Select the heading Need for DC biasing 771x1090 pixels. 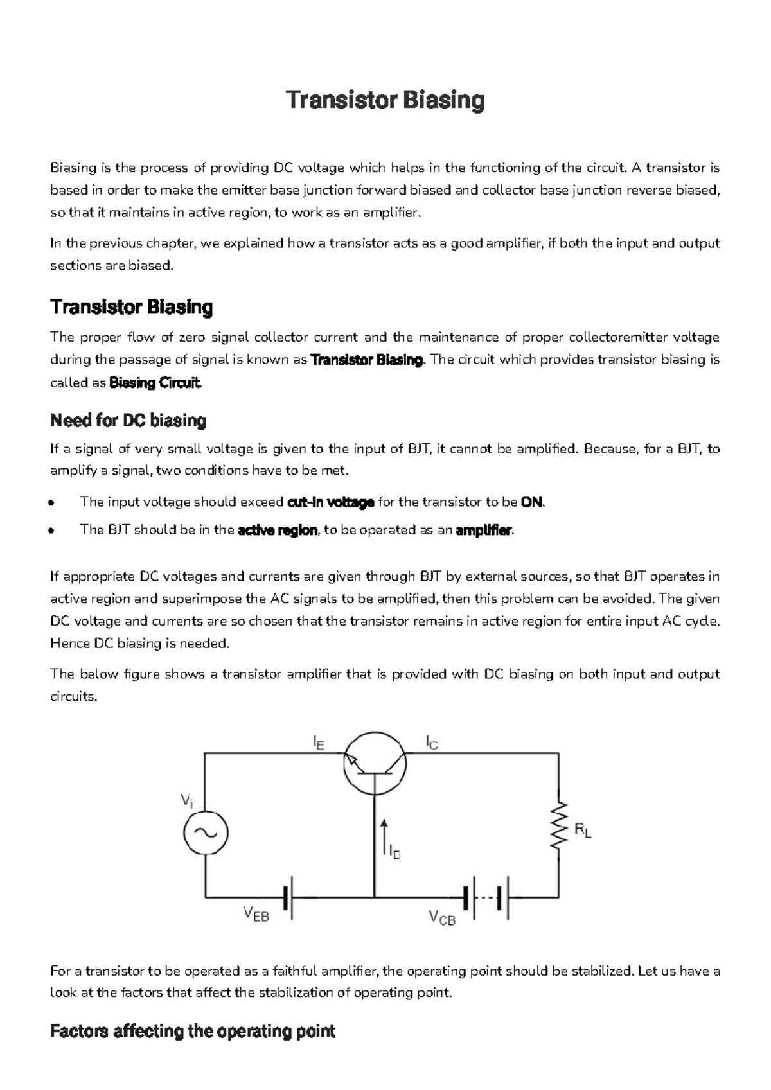[128, 421]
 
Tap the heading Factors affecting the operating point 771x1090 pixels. [192, 1032]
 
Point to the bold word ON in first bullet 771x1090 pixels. [531, 502]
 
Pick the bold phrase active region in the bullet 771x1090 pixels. [278, 531]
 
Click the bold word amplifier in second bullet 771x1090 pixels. [484, 531]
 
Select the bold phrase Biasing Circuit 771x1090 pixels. [156, 383]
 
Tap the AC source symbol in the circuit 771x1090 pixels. [206, 832]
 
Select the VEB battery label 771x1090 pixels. [256, 915]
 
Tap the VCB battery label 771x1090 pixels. [442, 918]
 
